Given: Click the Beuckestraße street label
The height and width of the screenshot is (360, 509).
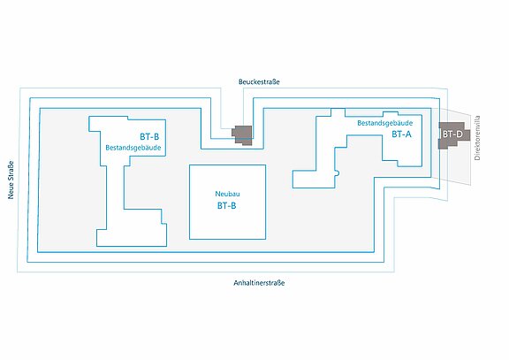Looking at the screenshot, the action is coord(259,81).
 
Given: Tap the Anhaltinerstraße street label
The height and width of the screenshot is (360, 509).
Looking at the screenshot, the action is coord(259,283).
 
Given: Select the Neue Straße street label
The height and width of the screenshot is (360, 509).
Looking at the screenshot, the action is coord(11,180).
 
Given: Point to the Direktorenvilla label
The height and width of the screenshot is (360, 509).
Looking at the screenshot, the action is coord(477,138).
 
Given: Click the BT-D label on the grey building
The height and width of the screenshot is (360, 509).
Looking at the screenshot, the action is coord(452,134).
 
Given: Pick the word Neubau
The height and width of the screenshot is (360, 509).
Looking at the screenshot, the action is coord(227,194).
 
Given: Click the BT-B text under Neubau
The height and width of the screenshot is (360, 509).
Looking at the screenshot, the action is coord(226,206).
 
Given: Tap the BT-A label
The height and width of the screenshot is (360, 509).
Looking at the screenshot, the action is coord(401,134).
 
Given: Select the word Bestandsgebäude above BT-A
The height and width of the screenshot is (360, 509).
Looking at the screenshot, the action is coord(385,123).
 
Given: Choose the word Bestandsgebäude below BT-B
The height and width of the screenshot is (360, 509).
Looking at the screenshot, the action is coord(133,148).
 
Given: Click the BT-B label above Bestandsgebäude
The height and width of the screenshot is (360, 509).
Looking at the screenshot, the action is coord(149,137).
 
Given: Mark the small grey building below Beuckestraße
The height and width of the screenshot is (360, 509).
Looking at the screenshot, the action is coord(242,134).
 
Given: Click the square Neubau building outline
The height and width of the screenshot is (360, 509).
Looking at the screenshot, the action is coord(228,165).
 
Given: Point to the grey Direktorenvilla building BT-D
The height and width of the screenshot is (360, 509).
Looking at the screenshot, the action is coord(454,135).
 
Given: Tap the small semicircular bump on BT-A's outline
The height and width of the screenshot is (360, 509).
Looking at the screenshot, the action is coord(339,172).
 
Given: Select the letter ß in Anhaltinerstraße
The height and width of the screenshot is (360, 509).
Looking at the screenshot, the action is coord(279,283).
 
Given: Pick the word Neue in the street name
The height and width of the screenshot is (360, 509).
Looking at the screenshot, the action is coord(11,191).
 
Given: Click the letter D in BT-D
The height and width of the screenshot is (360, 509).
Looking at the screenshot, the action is coord(460,134).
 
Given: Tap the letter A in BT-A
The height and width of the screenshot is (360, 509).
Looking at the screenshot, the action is coord(408,134).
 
